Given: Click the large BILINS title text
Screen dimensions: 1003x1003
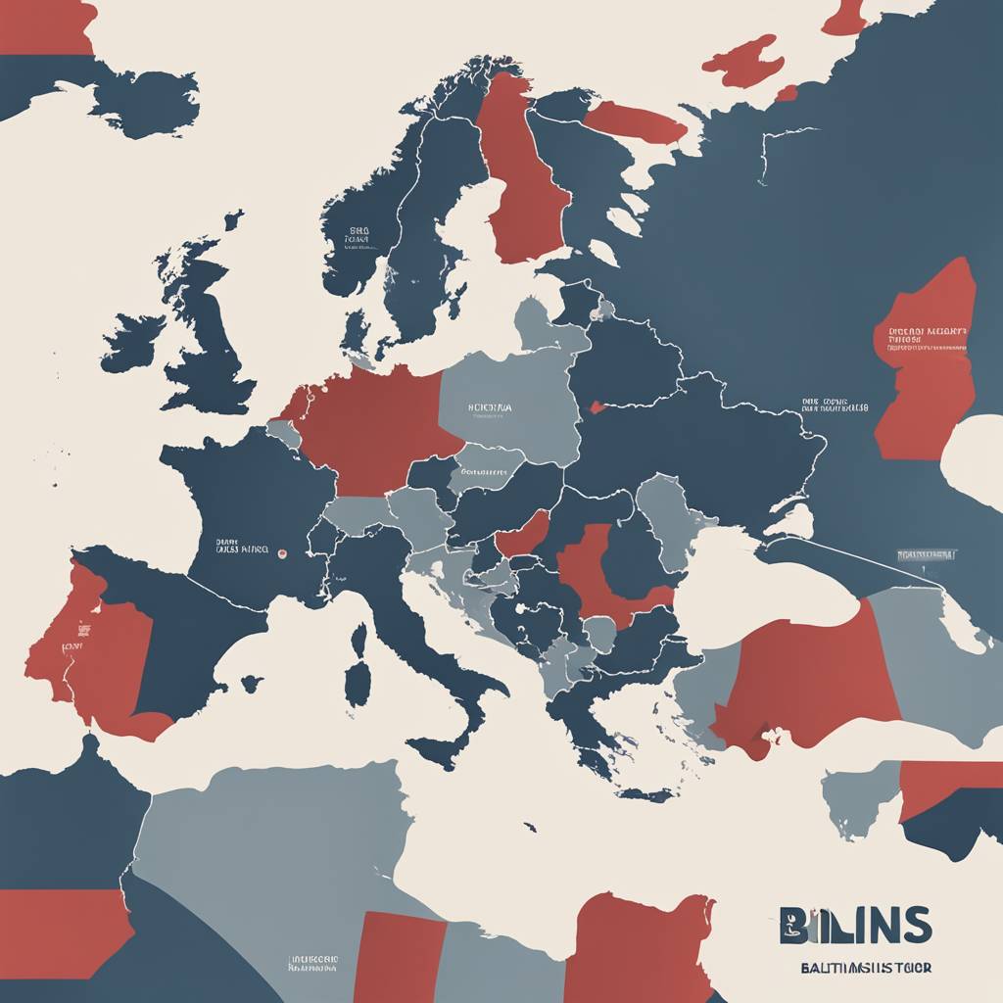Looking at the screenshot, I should [x=855, y=925].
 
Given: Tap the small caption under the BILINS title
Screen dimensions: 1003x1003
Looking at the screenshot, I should [x=852, y=968].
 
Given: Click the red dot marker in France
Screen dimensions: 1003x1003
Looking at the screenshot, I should [x=282, y=553].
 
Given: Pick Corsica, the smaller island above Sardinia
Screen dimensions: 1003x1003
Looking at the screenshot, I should [x=358, y=639].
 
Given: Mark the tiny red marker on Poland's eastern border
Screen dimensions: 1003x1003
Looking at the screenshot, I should [x=593, y=406].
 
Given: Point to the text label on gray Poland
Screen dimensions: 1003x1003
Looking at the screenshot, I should [x=490, y=406].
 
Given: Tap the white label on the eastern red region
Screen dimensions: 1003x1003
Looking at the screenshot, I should [x=927, y=338].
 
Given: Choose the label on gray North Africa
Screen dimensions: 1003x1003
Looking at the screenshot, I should [x=313, y=963].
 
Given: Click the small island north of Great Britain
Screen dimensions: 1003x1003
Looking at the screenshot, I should [x=233, y=219].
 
